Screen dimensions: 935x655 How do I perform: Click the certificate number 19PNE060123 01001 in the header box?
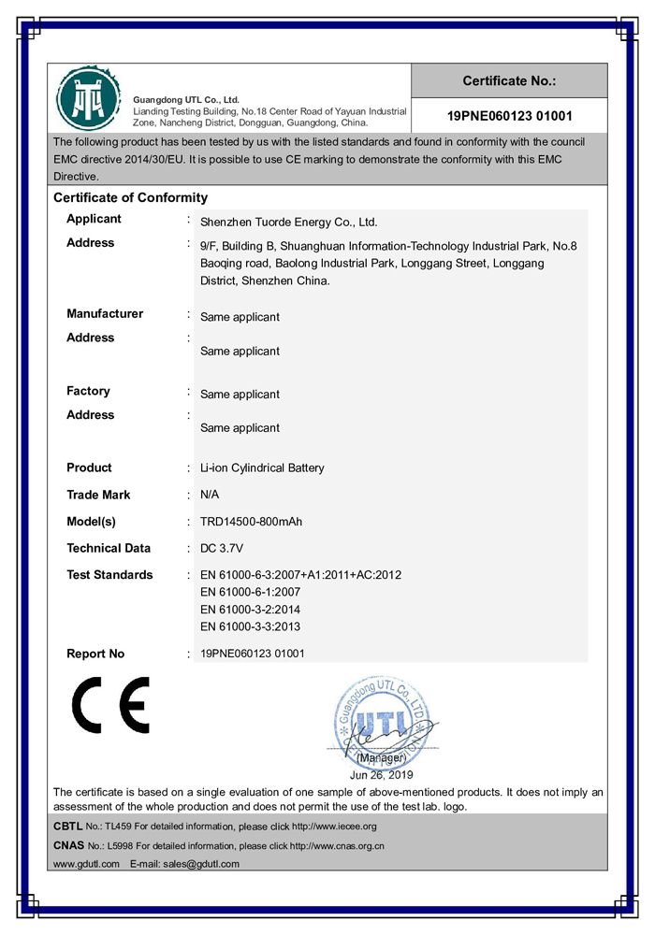[x=509, y=117]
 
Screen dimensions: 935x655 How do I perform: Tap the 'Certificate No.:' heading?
[x=509, y=81]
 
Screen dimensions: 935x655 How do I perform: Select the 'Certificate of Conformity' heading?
[x=130, y=197]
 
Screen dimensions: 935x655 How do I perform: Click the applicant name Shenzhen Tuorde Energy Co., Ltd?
[x=288, y=223]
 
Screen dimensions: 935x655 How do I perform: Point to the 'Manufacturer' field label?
[x=105, y=314]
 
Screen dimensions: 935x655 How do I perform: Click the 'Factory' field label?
[x=88, y=391]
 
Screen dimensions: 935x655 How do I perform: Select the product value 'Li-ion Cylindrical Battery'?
[x=262, y=467]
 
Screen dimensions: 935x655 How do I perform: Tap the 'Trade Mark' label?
[x=98, y=495]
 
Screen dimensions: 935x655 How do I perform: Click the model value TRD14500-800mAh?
[x=251, y=522]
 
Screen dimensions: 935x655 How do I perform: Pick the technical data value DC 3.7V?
[x=223, y=548]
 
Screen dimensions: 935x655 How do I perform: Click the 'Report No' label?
[x=95, y=654]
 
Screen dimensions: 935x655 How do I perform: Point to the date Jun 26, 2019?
[x=381, y=775]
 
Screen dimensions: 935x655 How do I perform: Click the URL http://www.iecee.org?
[x=334, y=827]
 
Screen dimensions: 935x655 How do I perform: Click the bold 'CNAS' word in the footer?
[x=69, y=845]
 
